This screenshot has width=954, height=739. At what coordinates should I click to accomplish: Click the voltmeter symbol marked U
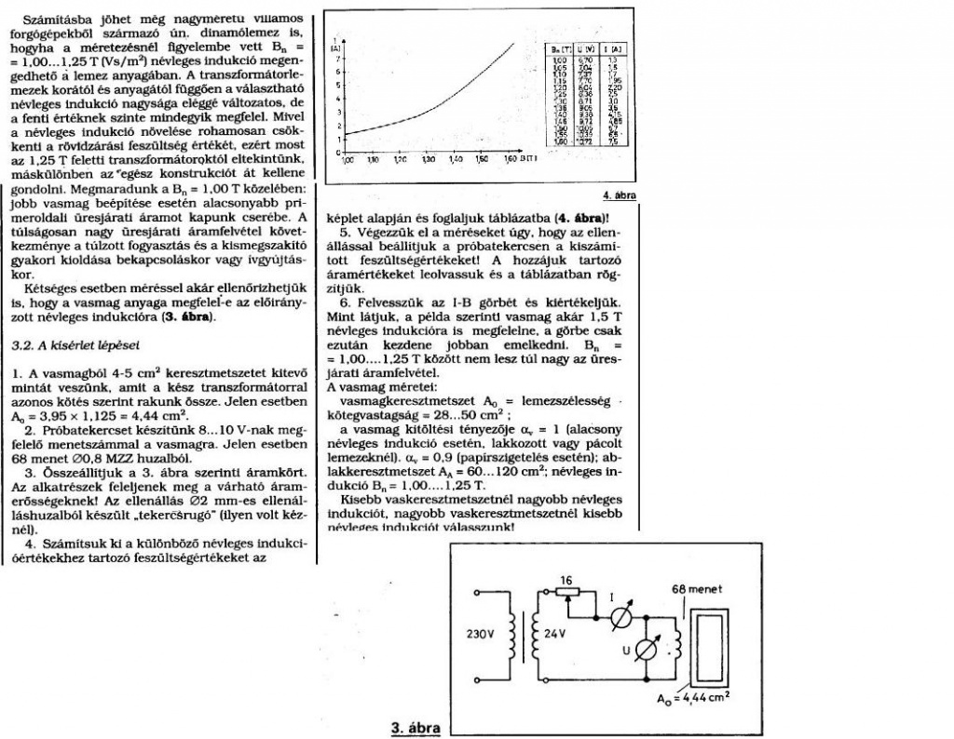click(642, 652)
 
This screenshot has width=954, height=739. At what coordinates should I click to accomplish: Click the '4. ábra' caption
click(619, 196)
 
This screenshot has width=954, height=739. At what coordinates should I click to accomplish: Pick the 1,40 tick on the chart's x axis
click(456, 160)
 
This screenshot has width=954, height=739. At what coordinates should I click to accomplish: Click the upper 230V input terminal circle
click(478, 592)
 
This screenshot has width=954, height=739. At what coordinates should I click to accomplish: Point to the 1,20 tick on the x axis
click(401, 160)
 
